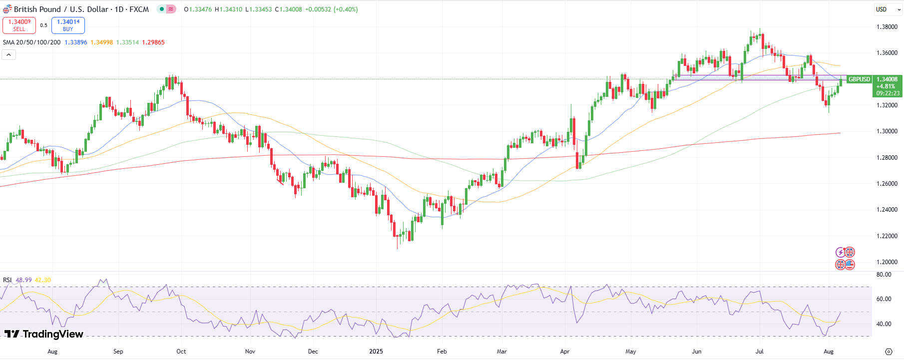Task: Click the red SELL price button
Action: click(19, 25)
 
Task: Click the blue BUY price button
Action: click(68, 25)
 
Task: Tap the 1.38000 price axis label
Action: click(887, 27)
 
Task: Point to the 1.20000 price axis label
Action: click(887, 262)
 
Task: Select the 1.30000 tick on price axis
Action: click(887, 131)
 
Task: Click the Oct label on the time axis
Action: click(181, 352)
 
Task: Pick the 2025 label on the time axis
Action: click(376, 352)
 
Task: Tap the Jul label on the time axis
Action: click(759, 352)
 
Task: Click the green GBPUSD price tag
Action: click(859, 79)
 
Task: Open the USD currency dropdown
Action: click(888, 9)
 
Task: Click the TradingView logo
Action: click(44, 334)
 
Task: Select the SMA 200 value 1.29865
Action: click(153, 42)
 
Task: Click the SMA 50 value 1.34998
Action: click(101, 42)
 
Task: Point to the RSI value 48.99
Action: click(23, 280)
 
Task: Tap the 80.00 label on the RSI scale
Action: click(884, 275)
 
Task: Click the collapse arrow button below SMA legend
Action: click(8, 54)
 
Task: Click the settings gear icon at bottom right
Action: click(889, 352)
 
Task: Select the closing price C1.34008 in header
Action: click(288, 9)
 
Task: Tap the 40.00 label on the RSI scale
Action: click(884, 324)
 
